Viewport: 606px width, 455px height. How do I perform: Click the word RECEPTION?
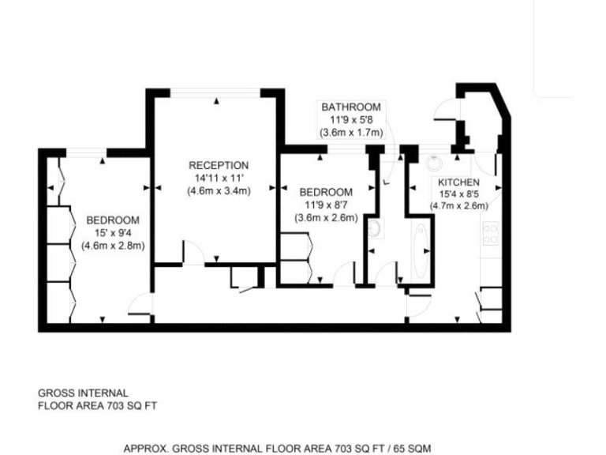tap(219, 165)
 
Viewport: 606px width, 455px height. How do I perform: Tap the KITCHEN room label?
tap(459, 182)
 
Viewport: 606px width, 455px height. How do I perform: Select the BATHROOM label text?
tap(350, 107)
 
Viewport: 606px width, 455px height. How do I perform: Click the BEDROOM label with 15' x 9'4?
tap(113, 220)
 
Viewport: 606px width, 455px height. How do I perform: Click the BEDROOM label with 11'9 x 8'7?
tap(326, 192)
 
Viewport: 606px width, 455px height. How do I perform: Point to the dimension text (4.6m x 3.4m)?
tap(219, 190)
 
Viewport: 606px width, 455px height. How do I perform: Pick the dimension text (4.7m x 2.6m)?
tap(459, 206)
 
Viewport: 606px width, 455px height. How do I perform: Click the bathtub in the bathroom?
tap(418, 251)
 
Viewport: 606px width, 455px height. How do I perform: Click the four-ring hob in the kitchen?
tap(490, 233)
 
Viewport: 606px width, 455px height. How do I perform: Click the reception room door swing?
tap(190, 253)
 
